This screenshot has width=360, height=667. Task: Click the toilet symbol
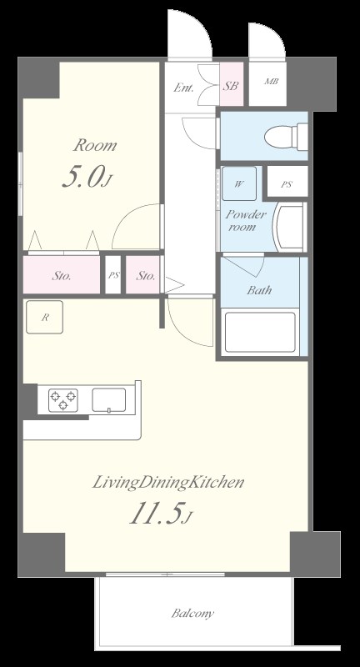[287, 137]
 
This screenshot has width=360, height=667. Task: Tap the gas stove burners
[62, 400]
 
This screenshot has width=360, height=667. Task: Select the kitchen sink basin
[109, 400]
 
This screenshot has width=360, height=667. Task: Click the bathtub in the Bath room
[260, 332]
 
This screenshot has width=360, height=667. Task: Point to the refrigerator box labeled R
[45, 317]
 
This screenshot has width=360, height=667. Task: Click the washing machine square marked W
[239, 183]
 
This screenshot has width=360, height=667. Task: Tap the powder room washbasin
[289, 227]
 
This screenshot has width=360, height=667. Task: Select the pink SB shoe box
[232, 84]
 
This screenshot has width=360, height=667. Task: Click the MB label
[271, 81]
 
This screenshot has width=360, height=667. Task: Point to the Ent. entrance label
[183, 88]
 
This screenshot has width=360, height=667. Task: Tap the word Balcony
[192, 614]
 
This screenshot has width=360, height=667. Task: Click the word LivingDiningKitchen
[168, 483]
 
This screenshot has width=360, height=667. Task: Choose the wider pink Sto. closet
[62, 275]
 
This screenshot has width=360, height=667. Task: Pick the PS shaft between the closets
[113, 275]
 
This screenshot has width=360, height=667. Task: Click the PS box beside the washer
[287, 182]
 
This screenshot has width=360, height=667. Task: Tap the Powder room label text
[245, 220]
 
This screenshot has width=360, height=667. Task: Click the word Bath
[259, 290]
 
